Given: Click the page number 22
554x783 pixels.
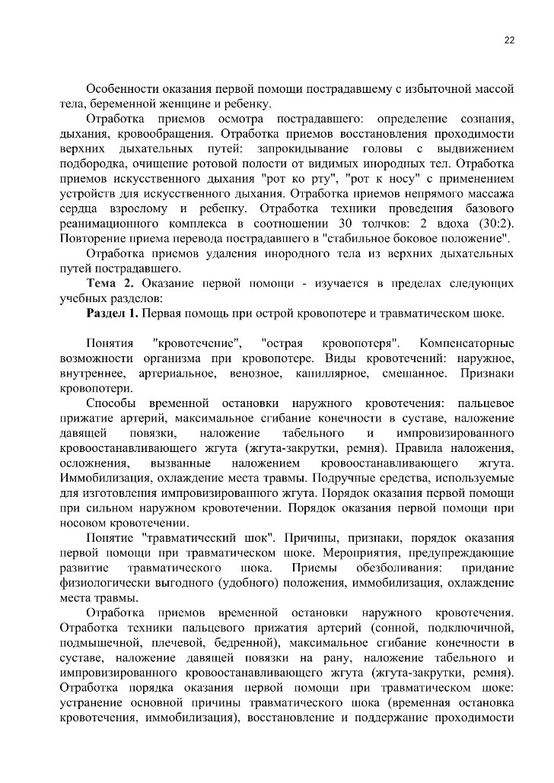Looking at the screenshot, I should (509, 41).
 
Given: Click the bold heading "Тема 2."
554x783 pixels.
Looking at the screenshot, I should (111, 283).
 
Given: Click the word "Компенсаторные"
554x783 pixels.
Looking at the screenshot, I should (467, 343).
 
